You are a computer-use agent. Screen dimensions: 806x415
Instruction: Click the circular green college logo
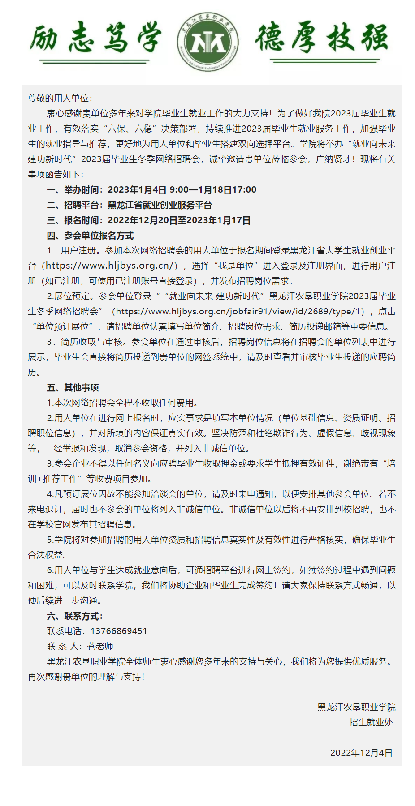click(x=207, y=42)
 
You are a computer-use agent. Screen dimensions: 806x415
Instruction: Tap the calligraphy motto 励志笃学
click(x=95, y=38)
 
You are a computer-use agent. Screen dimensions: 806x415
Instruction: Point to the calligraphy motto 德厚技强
click(x=321, y=38)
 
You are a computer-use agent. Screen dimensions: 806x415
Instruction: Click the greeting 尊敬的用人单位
click(x=60, y=98)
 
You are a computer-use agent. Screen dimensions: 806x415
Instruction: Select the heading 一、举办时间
click(x=74, y=190)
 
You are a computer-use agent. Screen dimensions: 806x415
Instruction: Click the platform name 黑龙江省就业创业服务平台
click(x=160, y=205)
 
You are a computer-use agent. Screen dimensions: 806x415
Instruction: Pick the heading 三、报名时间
click(x=74, y=220)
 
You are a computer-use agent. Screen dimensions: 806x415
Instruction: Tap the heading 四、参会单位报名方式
click(x=90, y=236)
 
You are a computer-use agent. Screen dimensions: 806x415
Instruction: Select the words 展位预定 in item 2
click(x=72, y=296)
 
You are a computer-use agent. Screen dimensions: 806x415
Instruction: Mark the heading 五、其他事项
click(x=73, y=388)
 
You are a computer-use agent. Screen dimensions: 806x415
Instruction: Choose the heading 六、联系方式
click(x=74, y=616)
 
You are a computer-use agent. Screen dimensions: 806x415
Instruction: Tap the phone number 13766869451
click(x=119, y=631)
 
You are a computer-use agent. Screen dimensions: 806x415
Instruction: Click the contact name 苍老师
click(x=100, y=647)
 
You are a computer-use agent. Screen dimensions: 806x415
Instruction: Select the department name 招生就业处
click(x=371, y=723)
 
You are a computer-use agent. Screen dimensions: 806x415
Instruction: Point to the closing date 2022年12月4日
click(x=361, y=753)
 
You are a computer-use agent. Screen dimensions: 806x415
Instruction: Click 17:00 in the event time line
click(x=244, y=190)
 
